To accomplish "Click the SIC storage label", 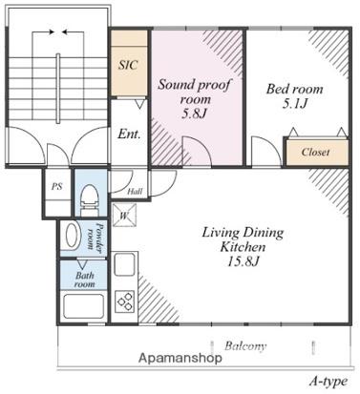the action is (x=128, y=65).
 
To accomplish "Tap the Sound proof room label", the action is (x=195, y=92).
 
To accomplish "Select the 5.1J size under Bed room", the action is (x=294, y=104).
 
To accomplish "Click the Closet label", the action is (x=315, y=152).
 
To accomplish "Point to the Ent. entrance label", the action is (x=129, y=134).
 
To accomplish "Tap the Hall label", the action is (x=135, y=192).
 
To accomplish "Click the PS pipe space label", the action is (x=57, y=186).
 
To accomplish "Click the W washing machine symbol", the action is (x=124, y=216).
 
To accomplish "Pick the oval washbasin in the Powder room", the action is (x=72, y=236).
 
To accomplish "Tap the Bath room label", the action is (x=85, y=280).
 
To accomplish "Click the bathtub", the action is (x=84, y=306).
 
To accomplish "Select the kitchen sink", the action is (x=125, y=264).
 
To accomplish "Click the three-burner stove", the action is (x=124, y=301).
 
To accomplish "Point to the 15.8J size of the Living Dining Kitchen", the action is (x=244, y=261).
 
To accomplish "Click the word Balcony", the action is (x=245, y=346).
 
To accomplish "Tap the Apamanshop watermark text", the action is (x=180, y=358).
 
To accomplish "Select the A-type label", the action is (x=328, y=381).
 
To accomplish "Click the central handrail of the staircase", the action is (x=58, y=88).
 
